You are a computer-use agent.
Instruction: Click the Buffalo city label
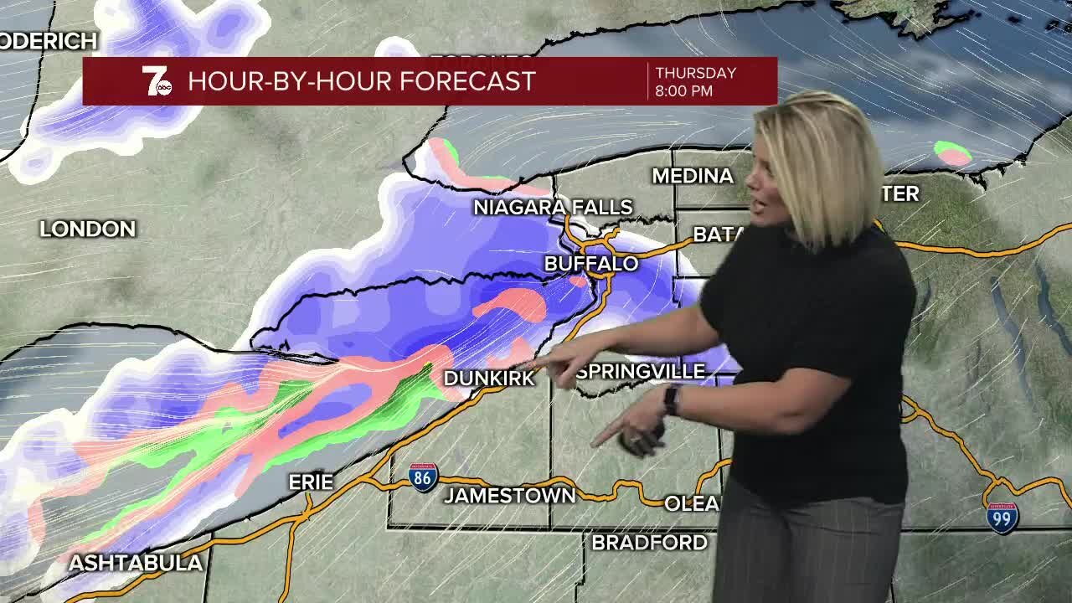pyautogui.click(x=591, y=264)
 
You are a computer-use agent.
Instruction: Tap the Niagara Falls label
pyautogui.click(x=553, y=207)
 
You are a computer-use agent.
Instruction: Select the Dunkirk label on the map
pyautogui.click(x=488, y=379)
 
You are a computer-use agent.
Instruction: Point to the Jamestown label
pyautogui.click(x=510, y=496)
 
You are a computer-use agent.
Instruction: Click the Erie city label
pyautogui.click(x=311, y=482)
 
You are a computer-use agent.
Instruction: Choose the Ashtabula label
pyautogui.click(x=136, y=563)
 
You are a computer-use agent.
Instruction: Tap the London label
pyautogui.click(x=88, y=229)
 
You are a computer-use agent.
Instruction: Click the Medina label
pyautogui.click(x=693, y=176)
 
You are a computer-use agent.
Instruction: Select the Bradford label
pyautogui.click(x=649, y=543)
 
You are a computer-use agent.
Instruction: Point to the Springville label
pyautogui.click(x=641, y=371)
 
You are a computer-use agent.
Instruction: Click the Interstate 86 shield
pyautogui.click(x=423, y=477)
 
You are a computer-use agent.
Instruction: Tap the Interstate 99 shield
pyautogui.click(x=1002, y=518)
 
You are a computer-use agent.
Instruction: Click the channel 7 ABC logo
pyautogui.click(x=156, y=81)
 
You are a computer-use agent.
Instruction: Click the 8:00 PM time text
pyautogui.click(x=684, y=91)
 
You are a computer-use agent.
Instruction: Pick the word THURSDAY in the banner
pyautogui.click(x=695, y=73)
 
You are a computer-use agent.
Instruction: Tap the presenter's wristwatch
pyautogui.click(x=672, y=400)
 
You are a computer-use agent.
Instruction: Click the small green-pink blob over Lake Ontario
pyautogui.click(x=952, y=153)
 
